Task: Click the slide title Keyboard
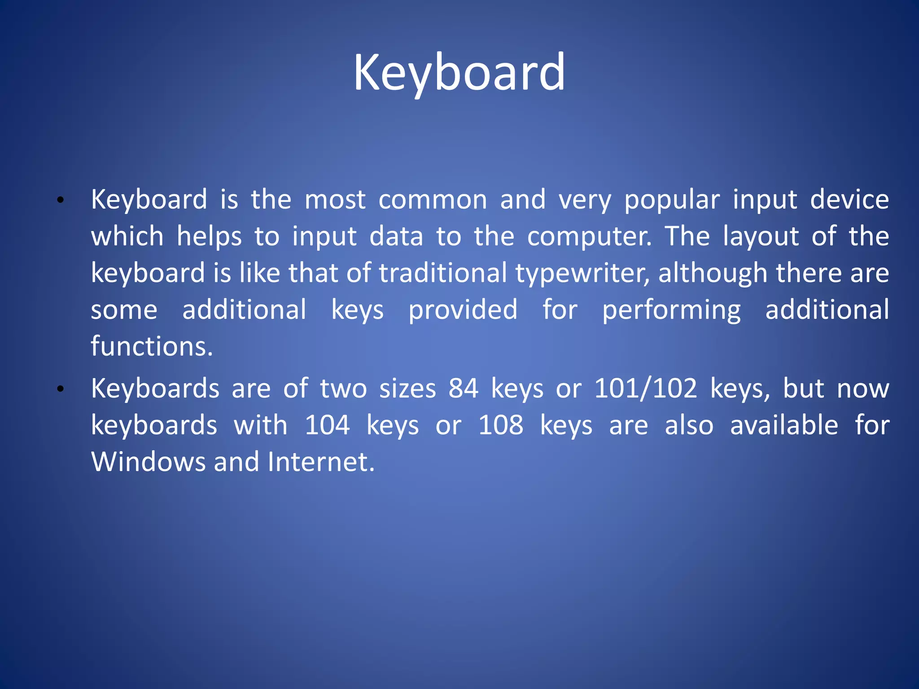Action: pyautogui.click(x=459, y=73)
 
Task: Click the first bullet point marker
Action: pyautogui.click(x=61, y=201)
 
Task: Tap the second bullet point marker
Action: pyautogui.click(x=61, y=389)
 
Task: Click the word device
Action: pyautogui.click(x=849, y=200)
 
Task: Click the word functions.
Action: pyautogui.click(x=152, y=347)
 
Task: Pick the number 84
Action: pyautogui.click(x=464, y=388)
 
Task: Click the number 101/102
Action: pyautogui.click(x=646, y=388)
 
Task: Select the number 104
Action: pyautogui.click(x=327, y=425)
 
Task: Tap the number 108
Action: pyautogui.click(x=501, y=425)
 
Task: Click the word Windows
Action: pyautogui.click(x=148, y=462)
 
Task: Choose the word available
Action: pyautogui.click(x=784, y=425)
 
